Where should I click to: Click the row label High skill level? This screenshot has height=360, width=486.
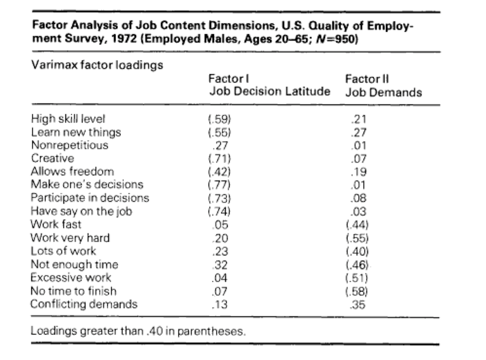pyautogui.click(x=68, y=119)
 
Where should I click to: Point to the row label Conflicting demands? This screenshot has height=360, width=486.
pyautogui.click(x=84, y=304)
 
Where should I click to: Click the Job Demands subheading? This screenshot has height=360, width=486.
pyautogui.click(x=383, y=92)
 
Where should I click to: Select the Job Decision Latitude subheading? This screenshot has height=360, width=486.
pyautogui.click(x=269, y=92)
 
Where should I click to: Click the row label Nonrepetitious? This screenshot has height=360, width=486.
pyautogui.click(x=69, y=145)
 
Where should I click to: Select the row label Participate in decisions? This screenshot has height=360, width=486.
pyautogui.click(x=90, y=198)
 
